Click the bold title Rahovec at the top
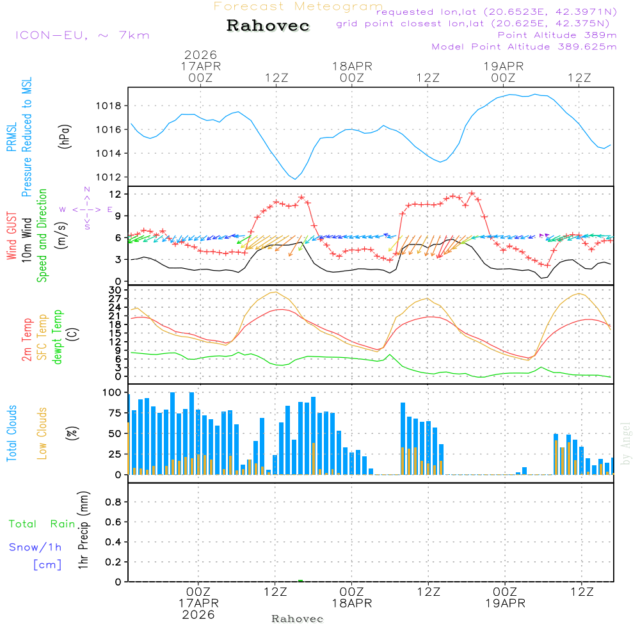268,26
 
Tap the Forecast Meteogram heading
298,6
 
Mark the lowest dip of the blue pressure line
295,179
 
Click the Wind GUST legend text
11,237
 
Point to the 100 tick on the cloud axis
113,392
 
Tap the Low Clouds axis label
42,433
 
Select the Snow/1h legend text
35,547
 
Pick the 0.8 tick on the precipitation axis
113,502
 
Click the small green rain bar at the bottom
301,580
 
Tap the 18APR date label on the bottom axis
351,604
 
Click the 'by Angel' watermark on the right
626,444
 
